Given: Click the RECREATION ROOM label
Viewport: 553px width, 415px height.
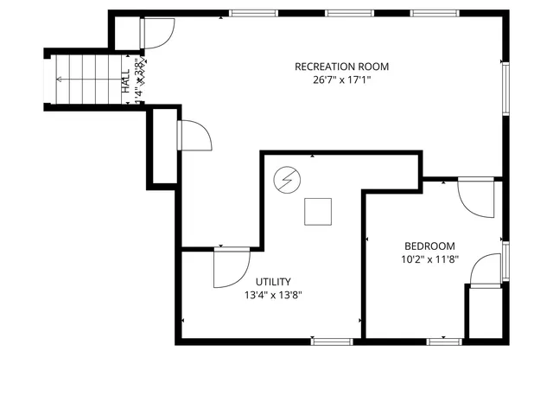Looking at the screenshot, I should pos(341,67).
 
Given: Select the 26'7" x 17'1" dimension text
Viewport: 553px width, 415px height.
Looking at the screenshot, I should pos(341,80).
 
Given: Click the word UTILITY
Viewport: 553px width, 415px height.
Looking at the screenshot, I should pos(273,281).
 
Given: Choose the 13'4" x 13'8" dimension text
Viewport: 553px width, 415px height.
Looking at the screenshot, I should pos(273,295).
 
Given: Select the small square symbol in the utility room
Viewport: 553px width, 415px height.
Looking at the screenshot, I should pos(317,212).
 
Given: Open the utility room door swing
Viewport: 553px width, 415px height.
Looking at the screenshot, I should pos(229,268).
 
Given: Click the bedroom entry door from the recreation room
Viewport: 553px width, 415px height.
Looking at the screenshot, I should pos(475,197).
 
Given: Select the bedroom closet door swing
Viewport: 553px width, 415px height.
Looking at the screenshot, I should pos(485,270).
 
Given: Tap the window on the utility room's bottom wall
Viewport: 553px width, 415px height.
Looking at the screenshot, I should pos(332,341).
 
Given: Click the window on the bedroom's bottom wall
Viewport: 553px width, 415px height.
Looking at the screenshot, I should pos(444,341).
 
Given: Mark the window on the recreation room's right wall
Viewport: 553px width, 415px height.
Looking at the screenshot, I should pos(506,86).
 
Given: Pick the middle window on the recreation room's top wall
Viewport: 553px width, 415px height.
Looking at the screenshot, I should pos(350,14).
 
